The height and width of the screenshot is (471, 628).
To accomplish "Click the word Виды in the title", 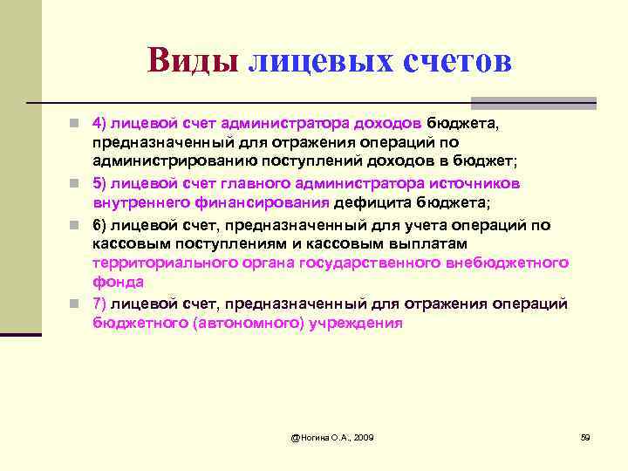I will coord(193,61).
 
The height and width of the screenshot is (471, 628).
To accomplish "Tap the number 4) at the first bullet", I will coord(100,123).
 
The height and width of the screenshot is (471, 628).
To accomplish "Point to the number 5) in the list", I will coord(100,183).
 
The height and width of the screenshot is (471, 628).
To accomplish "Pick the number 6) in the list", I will coord(100,223).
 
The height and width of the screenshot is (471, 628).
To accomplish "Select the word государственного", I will coord(370,263).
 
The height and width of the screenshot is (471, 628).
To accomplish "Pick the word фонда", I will coord(118,283).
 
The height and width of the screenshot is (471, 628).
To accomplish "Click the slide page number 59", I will coord(585,436).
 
